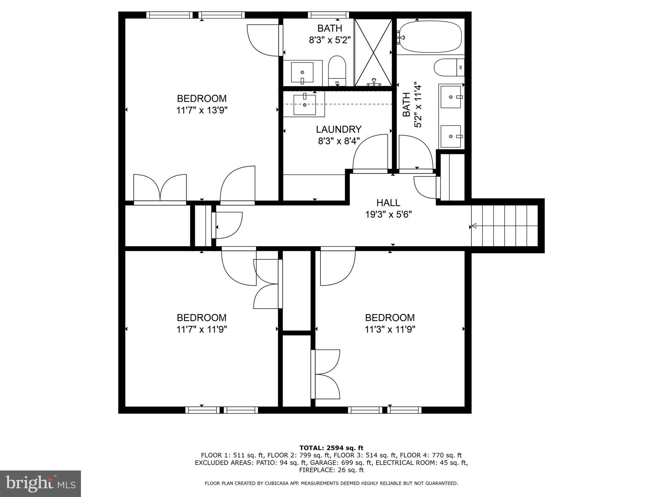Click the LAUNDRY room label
[x=339, y=129]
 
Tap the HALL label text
[x=388, y=203]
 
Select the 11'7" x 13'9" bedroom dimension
[x=202, y=110]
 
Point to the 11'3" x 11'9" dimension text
[x=390, y=329]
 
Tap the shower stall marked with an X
[x=373, y=52]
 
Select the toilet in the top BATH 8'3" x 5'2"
[x=337, y=71]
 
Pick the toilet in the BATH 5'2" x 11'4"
[x=449, y=67]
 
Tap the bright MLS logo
[x=40, y=484]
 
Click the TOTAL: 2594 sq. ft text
[x=331, y=448]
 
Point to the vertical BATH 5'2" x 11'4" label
[x=412, y=105]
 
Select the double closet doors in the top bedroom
[x=160, y=189]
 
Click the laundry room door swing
[x=370, y=152]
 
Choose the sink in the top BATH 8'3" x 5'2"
[x=302, y=73]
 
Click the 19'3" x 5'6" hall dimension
[x=388, y=215]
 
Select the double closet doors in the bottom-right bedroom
[x=325, y=374]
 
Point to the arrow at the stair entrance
[x=473, y=226]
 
